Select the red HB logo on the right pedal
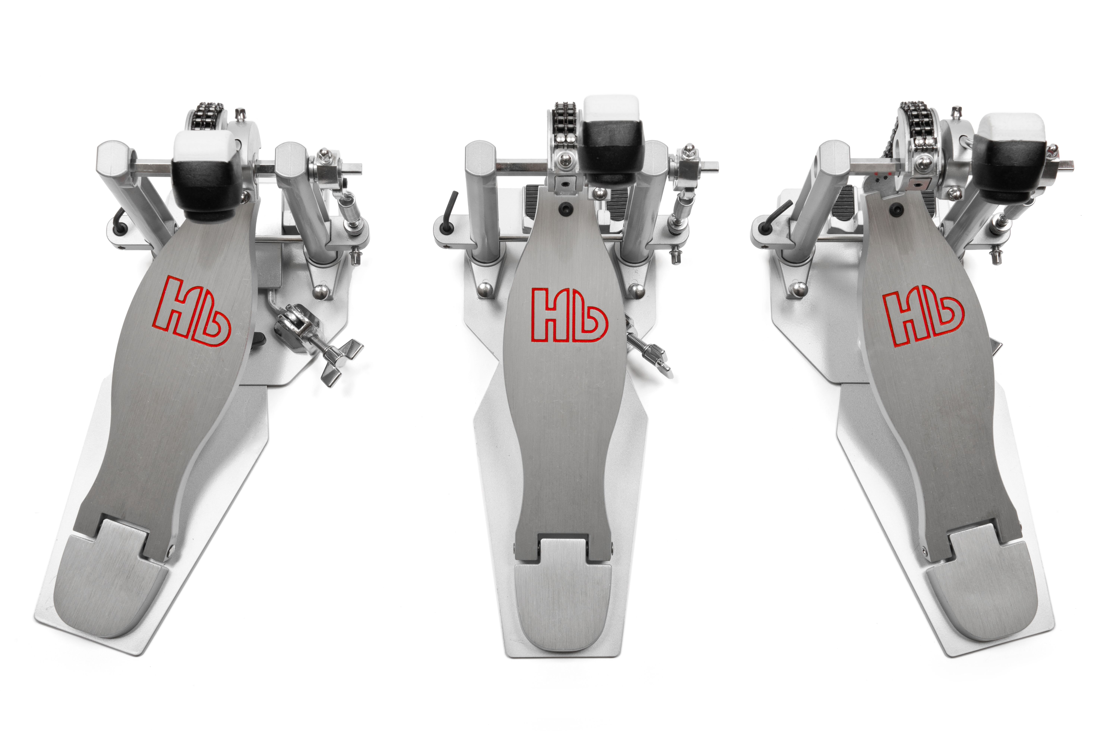924,318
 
